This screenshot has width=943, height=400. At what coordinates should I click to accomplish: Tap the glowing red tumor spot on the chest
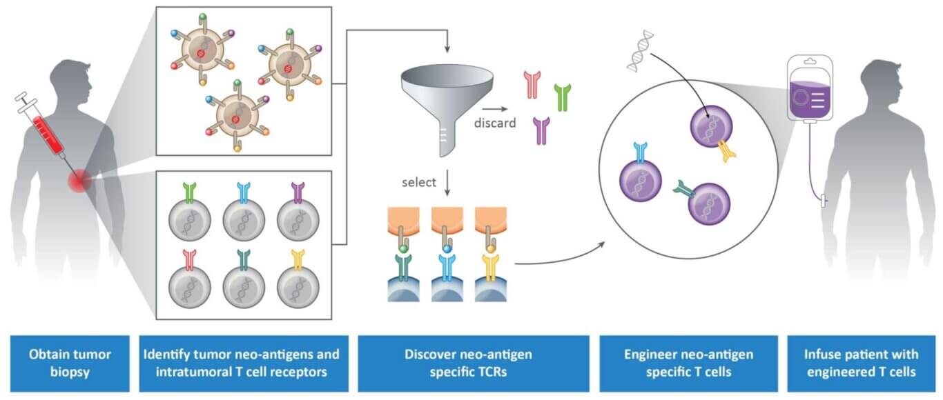78,181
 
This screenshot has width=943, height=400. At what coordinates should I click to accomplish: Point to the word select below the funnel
419,183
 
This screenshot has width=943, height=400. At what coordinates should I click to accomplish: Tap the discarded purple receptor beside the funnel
541,130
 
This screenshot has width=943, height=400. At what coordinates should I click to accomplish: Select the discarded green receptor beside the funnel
563,97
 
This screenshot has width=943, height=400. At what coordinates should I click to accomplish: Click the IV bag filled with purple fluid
810,89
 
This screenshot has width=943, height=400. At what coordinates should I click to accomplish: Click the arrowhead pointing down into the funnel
448,50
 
